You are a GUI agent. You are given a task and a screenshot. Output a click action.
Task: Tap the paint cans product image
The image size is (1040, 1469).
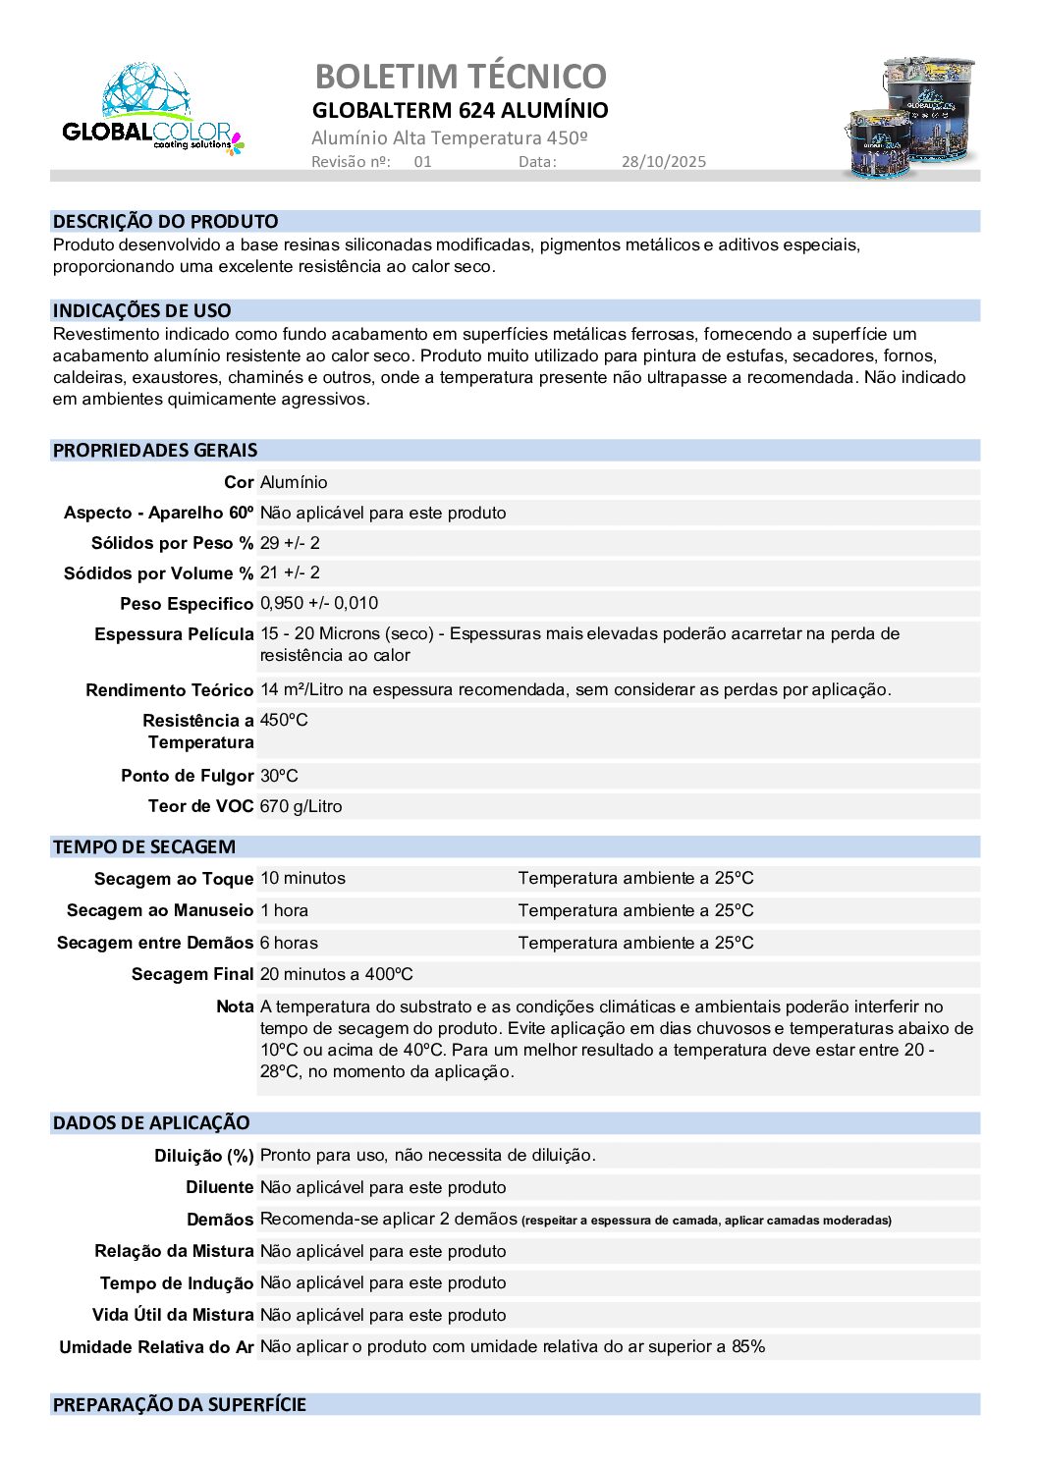pyautogui.click(x=910, y=118)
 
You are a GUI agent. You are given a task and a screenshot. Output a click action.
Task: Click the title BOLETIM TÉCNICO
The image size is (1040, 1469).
pyautogui.click(x=461, y=76)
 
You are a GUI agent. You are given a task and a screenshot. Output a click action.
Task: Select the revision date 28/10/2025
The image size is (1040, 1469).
pyautogui.click(x=663, y=162)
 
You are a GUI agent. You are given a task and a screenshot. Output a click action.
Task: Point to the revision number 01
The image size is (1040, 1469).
pyautogui.click(x=422, y=162)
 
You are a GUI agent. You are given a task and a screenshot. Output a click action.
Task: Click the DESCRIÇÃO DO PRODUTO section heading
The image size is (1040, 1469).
pyautogui.click(x=165, y=222)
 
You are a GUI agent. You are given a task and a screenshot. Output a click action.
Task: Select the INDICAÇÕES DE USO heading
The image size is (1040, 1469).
pyautogui.click(x=142, y=311)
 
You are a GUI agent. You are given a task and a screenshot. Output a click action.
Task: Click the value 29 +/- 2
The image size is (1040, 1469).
pyautogui.click(x=290, y=543)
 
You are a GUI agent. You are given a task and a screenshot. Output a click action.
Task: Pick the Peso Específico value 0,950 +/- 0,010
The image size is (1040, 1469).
pyautogui.click(x=319, y=603)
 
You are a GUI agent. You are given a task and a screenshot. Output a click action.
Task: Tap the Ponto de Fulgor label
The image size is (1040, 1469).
pyautogui.click(x=187, y=776)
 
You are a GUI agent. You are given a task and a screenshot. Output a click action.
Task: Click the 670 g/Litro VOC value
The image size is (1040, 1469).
pyautogui.click(x=301, y=806)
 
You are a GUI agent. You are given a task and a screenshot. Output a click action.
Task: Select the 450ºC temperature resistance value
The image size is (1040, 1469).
pyautogui.click(x=284, y=720)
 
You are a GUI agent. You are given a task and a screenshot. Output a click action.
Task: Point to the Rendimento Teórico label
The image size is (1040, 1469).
pyautogui.click(x=169, y=690)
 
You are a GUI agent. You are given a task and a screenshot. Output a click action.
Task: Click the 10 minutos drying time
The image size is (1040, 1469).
pyautogui.click(x=302, y=878)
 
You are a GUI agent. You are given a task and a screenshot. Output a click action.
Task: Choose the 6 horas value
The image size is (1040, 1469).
pyautogui.click(x=289, y=943)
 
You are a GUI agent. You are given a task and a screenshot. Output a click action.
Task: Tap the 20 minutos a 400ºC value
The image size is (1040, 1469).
pyautogui.click(x=336, y=974)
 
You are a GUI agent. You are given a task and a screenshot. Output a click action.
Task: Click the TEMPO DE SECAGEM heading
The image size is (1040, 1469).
pyautogui.click(x=144, y=847)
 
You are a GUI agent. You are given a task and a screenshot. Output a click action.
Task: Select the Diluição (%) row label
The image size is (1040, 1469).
pyautogui.click(x=203, y=1156)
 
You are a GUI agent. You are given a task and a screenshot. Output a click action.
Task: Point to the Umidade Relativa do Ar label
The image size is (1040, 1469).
pyautogui.click(x=156, y=1347)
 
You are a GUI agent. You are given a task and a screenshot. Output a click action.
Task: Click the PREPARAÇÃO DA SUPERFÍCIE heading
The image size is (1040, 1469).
pyautogui.click(x=180, y=1405)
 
